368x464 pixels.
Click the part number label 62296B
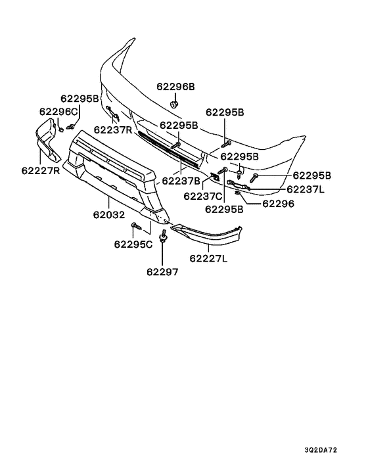point(175,87)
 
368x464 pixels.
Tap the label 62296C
point(58,112)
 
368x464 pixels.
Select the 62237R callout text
point(113,129)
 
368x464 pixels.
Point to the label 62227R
point(41,171)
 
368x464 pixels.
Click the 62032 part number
point(109,214)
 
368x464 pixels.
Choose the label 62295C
point(133,244)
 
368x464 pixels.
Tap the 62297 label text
point(162,271)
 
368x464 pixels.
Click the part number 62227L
point(208,259)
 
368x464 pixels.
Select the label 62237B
point(181,181)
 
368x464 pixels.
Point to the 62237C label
point(202,196)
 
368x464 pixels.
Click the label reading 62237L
point(306,189)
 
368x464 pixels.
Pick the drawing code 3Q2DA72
point(321,450)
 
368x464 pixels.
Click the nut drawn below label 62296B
point(174,104)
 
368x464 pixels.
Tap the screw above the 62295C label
point(137,227)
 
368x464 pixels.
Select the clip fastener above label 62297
point(163,236)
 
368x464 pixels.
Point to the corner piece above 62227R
point(47,139)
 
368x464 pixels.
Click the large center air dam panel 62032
point(116,177)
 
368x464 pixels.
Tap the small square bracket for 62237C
point(214,177)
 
